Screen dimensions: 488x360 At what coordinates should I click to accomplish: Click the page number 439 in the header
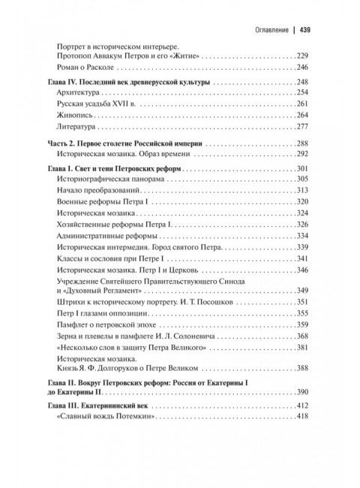point(305,31)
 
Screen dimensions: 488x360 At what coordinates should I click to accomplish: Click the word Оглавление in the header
point(267,31)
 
